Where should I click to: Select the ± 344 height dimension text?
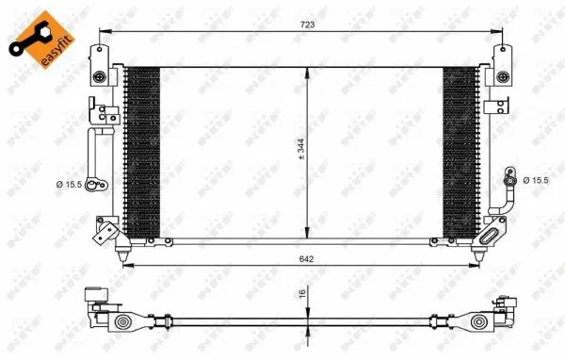click(x=299, y=151)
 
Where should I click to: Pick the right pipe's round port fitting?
click(x=508, y=179)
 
